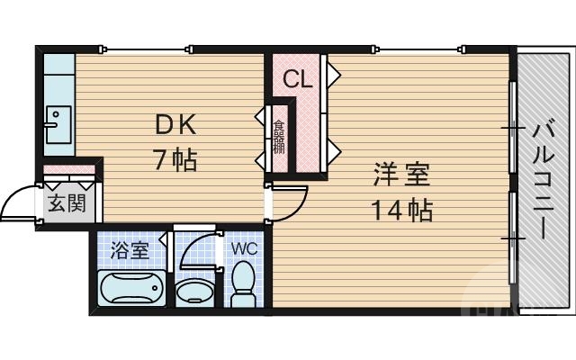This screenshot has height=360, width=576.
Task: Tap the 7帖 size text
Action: click(174, 161)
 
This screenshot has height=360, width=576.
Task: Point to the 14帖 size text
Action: click(400, 211)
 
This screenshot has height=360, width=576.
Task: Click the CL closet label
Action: click(297, 79)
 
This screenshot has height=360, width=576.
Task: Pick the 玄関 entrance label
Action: click(66, 203)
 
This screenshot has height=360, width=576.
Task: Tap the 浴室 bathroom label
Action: click(130, 249)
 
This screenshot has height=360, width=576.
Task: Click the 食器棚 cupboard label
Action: click(279, 137)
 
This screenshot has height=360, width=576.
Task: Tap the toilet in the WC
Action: click(243, 286)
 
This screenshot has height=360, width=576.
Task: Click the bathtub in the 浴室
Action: click(130, 290)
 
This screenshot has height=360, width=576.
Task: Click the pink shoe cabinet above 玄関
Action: click(68, 170)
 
